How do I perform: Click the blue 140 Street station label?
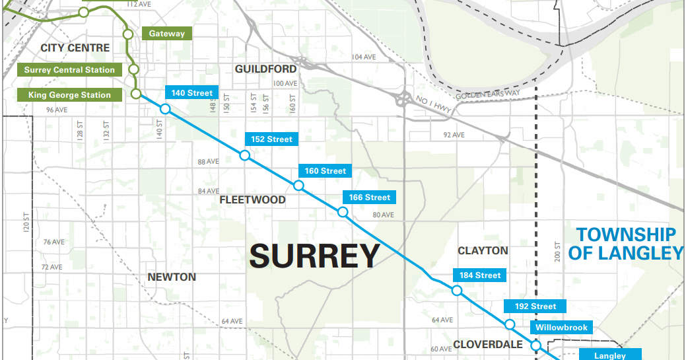(x=191, y=93)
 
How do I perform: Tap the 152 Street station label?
(x=271, y=139)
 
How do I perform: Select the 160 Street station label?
(x=325, y=171)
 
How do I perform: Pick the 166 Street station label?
(x=369, y=198)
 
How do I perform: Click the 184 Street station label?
(x=480, y=275)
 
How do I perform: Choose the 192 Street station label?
(x=535, y=306)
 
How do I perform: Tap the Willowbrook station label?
(x=561, y=328)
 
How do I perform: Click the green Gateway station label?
(x=166, y=34)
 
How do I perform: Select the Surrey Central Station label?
(x=69, y=70)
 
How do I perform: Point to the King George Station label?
(x=69, y=95)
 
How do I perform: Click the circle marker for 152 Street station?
(x=245, y=155)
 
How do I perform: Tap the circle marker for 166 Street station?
(x=343, y=212)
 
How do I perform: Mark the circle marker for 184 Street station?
(x=456, y=291)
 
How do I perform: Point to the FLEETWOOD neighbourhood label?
(x=252, y=200)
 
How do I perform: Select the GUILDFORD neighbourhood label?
(x=265, y=69)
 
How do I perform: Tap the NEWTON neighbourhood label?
(x=172, y=277)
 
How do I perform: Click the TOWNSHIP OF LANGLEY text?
(x=625, y=244)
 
